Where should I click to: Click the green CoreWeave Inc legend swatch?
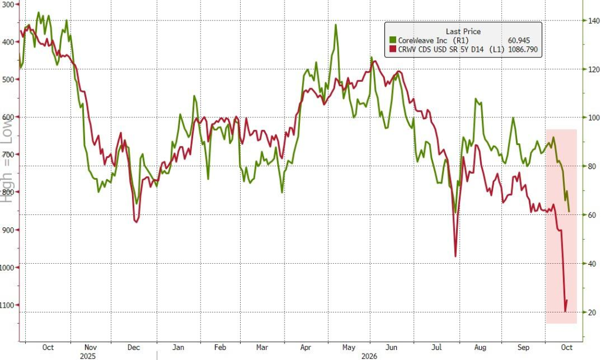pyautogui.click(x=393, y=41)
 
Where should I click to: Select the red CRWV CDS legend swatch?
pyautogui.click(x=393, y=49)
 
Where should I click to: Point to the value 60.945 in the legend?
pyautogui.click(x=519, y=41)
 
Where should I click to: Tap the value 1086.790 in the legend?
pyautogui.click(x=523, y=49)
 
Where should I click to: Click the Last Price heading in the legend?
pyautogui.click(x=463, y=32)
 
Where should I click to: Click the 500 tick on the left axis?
pyautogui.click(x=8, y=79)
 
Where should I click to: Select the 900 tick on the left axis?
pyautogui.click(x=8, y=230)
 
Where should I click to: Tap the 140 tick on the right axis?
pyautogui.click(x=594, y=21)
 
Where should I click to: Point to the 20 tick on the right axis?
pyautogui.click(x=593, y=312)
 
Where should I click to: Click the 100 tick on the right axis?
pyautogui.click(x=594, y=117)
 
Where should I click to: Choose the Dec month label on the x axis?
pyautogui.click(x=133, y=347)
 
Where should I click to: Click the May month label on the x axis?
pyautogui.click(x=349, y=347)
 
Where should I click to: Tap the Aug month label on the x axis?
pyautogui.click(x=480, y=347)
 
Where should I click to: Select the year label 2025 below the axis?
pyautogui.click(x=88, y=356)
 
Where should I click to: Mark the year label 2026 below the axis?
pyautogui.click(x=370, y=356)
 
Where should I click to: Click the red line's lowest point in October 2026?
pyautogui.click(x=565, y=311)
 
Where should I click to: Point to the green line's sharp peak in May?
pyautogui.click(x=336, y=25)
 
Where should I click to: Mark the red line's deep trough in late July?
pyautogui.click(x=455, y=256)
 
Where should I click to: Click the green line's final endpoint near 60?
pyautogui.click(x=569, y=211)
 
